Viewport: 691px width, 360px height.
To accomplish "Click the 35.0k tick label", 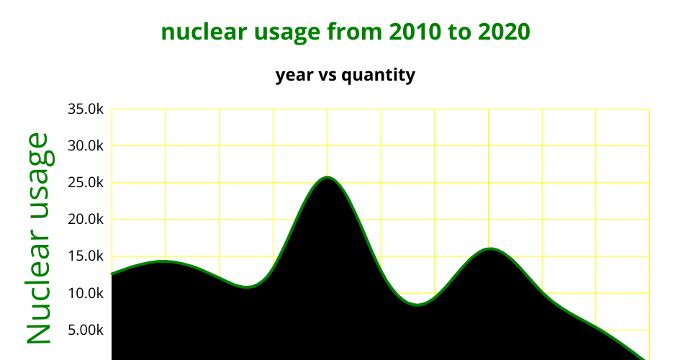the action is coord(86,109).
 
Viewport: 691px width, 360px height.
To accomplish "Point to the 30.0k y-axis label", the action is coord(86,146).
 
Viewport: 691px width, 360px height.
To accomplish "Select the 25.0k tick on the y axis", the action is coord(86,183).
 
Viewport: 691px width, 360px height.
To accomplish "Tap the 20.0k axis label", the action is coord(86,220).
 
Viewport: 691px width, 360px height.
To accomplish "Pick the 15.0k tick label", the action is coord(86,256).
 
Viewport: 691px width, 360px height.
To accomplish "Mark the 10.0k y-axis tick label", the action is coord(86,293).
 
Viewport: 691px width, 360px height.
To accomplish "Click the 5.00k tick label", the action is coord(86,330).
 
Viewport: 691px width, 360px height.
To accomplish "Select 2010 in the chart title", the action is coord(415,32).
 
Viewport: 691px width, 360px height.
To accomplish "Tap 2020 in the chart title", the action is coord(504,32).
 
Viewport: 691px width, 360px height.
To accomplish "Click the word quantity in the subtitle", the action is coord(378,76).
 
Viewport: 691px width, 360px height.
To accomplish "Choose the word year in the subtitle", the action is coord(294,76).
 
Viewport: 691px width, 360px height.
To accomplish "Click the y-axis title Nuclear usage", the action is coord(39,238).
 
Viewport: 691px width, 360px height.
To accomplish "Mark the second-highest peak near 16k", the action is coord(490,249).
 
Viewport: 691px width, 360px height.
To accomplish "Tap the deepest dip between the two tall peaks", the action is coord(417,304).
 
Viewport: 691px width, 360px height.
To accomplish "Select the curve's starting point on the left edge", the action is coord(112,274).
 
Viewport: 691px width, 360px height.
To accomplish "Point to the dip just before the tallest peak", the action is coord(247,287).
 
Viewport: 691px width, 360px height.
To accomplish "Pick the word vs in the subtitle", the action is coord(328,76).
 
